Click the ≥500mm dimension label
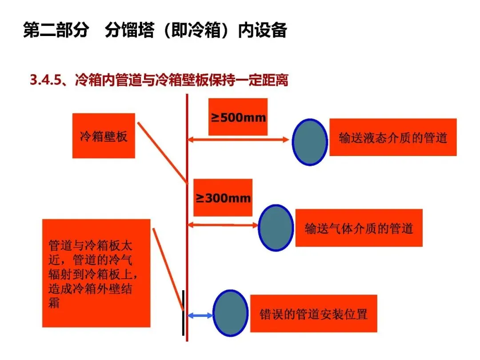pyautogui.click(x=238, y=117)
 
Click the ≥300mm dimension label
pyautogui.click(x=223, y=198)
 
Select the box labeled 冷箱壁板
pyautogui.click(x=104, y=136)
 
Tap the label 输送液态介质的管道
pyautogui.click(x=393, y=137)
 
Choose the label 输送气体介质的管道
pyautogui.click(x=359, y=228)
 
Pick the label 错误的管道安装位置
pyautogui.click(x=313, y=314)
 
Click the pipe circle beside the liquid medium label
pyautogui.click(x=310, y=142)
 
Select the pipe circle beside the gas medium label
pyautogui.click(x=276, y=228)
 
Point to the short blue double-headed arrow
pyautogui.click(x=200, y=316)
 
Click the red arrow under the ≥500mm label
pyautogui.click(x=238, y=140)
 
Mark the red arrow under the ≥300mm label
pyautogui.click(x=223, y=225)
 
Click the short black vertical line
pyautogui.click(x=183, y=312)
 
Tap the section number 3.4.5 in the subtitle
pyautogui.click(x=44, y=80)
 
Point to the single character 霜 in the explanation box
pyautogui.click(x=54, y=304)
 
